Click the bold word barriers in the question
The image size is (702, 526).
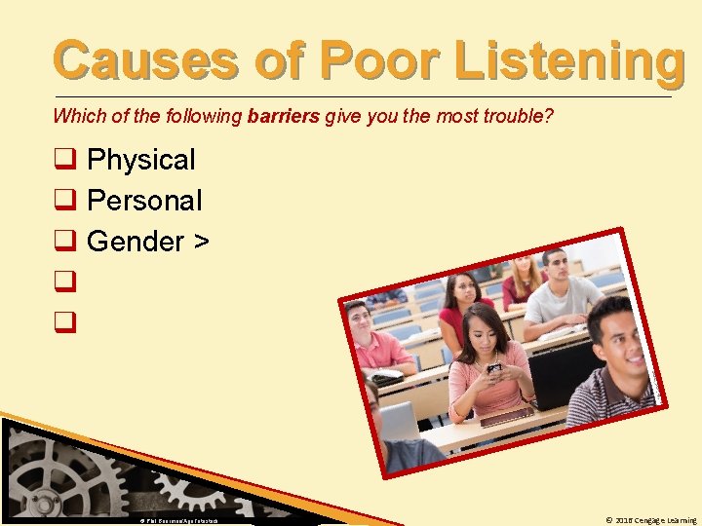284,117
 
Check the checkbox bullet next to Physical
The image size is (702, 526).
65,160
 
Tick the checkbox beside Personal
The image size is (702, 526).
65,202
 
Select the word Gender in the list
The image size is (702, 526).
130,242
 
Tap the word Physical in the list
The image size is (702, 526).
140,160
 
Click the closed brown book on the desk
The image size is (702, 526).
504,417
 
